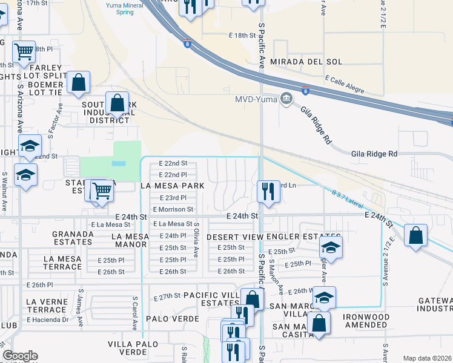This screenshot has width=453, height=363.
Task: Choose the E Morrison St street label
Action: [x=173, y=209]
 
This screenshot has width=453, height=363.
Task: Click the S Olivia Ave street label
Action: [x=196, y=240]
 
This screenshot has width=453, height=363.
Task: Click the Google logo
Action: [x=20, y=356]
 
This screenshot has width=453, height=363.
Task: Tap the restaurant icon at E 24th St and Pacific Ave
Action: [x=267, y=191]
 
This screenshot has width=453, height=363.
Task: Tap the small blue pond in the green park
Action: [x=119, y=163]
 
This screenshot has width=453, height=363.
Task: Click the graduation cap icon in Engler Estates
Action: [x=331, y=247]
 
